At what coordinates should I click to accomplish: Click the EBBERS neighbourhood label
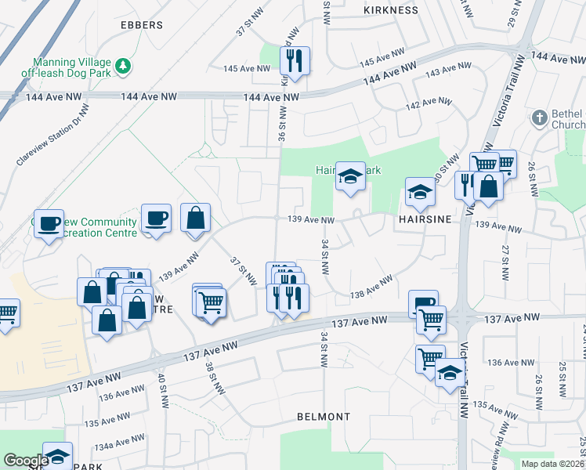tap(142, 25)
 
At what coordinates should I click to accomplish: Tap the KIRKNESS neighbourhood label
tap(389, 10)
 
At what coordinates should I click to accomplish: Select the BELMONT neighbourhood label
tap(324, 417)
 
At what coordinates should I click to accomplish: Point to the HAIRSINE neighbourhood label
tap(426, 220)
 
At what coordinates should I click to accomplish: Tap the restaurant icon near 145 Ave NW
tap(295, 60)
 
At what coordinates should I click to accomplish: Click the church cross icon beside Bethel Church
tap(538, 118)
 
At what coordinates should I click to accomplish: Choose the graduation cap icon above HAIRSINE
tap(420, 192)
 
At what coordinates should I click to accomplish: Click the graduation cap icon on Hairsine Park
tap(350, 176)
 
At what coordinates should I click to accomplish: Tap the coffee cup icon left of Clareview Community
tap(49, 223)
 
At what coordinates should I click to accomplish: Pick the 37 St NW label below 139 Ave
tap(243, 270)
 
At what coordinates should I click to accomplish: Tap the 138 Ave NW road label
tap(371, 287)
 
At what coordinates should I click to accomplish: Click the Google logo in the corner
tap(25, 461)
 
